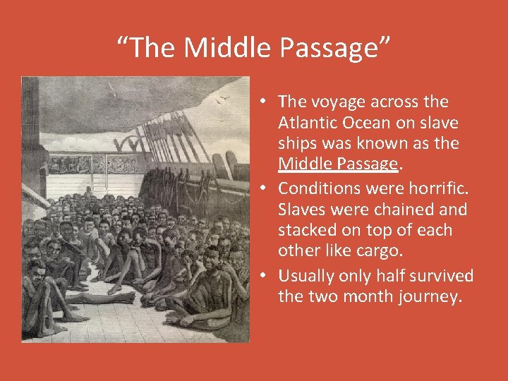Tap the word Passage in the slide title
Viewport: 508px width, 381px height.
333,48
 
